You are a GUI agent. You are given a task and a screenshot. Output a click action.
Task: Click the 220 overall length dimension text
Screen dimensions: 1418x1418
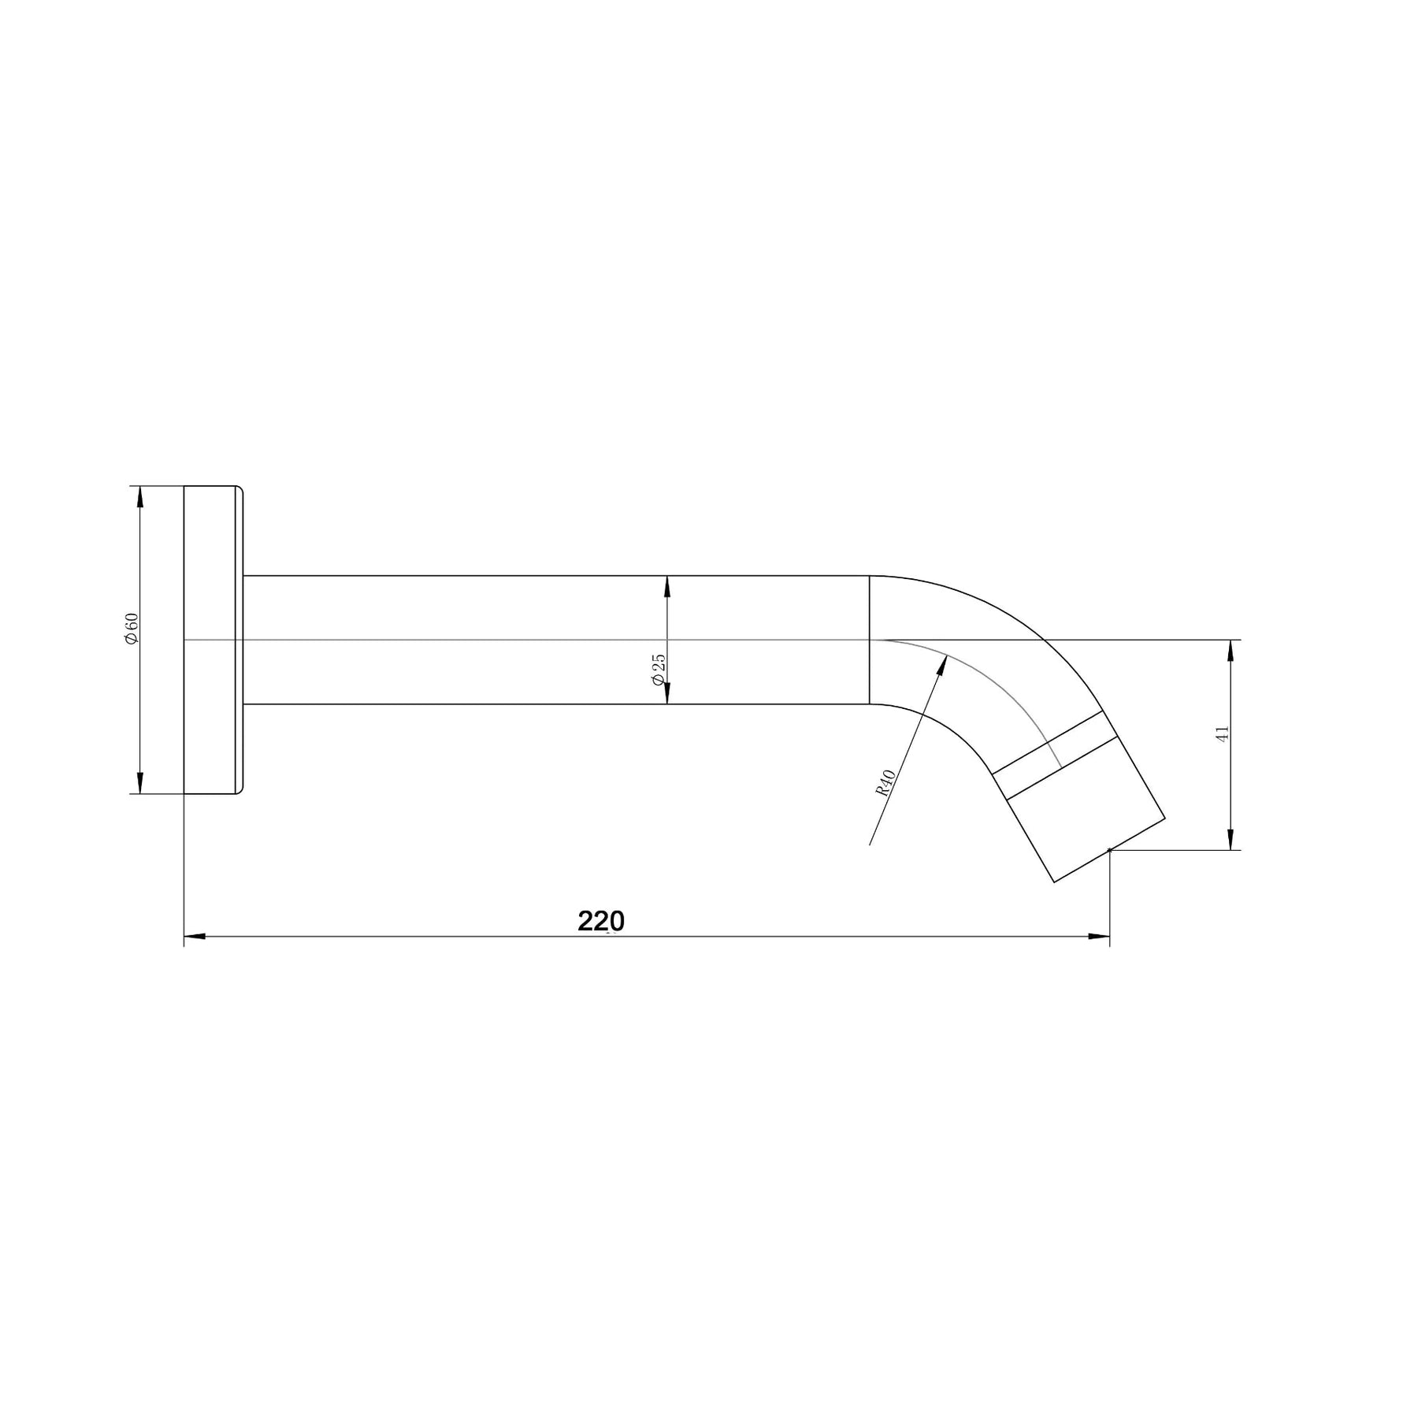click(601, 921)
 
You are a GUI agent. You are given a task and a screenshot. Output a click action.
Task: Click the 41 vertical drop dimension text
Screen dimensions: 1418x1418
click(1223, 733)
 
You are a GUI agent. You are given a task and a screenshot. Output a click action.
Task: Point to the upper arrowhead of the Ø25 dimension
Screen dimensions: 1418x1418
click(667, 586)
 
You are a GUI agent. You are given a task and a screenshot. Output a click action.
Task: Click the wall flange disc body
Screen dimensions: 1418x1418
click(210, 640)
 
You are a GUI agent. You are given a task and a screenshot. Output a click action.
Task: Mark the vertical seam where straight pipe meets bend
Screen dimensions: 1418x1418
click(870, 640)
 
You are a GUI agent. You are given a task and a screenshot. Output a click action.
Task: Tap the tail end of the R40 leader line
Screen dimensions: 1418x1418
click(870, 844)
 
